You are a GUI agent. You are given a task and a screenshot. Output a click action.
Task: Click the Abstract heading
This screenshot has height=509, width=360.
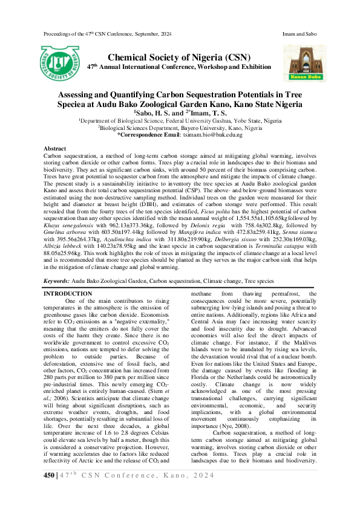[56, 149]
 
